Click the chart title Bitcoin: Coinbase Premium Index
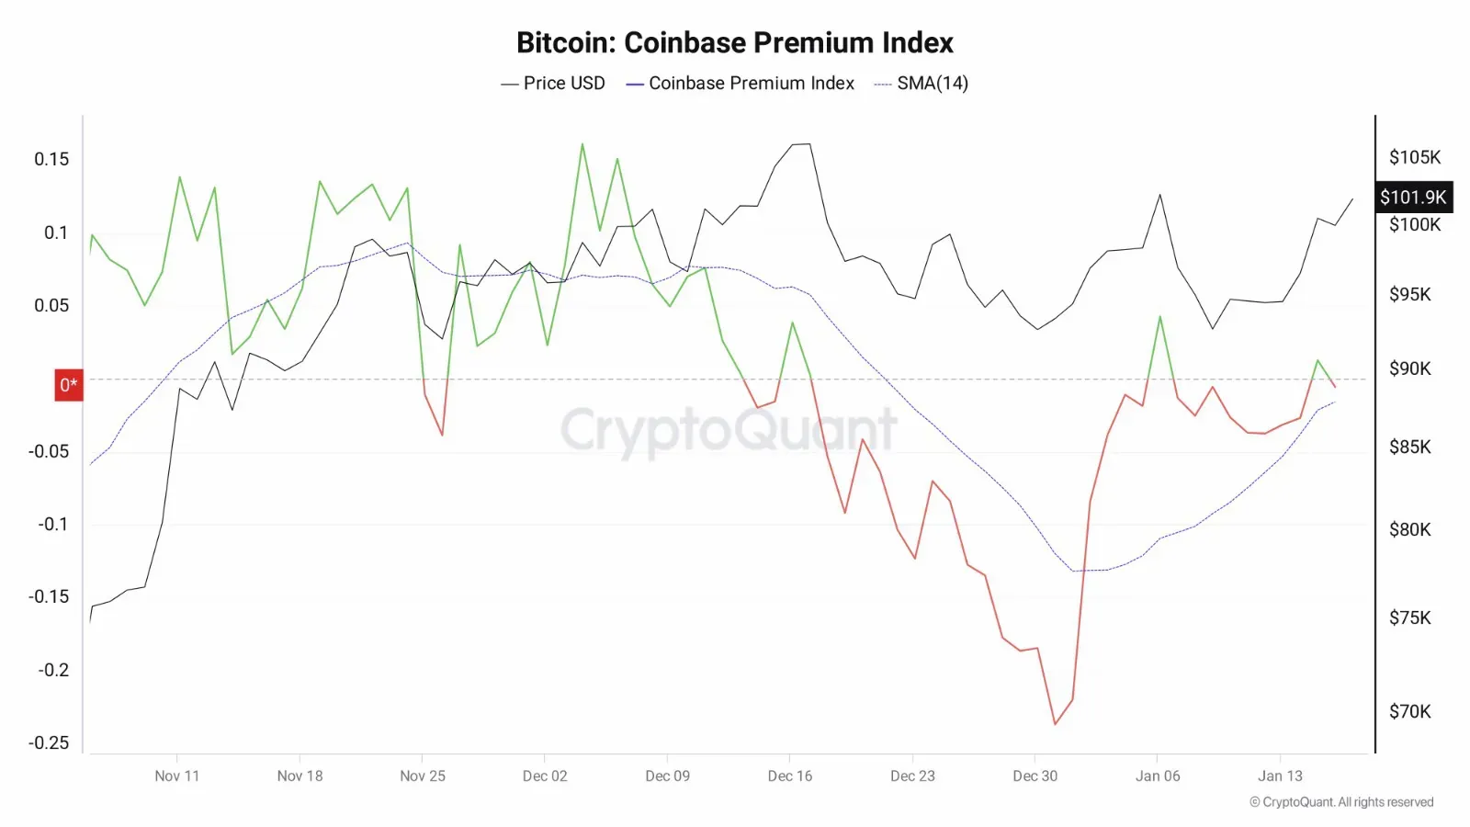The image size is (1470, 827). point(734,42)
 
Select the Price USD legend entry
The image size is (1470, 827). point(553,84)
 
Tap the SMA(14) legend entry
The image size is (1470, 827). point(922,84)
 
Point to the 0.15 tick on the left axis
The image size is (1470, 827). point(51,159)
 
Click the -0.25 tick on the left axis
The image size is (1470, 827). point(49,742)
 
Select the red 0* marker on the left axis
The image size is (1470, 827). point(69,385)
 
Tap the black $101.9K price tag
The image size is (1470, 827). point(1413,197)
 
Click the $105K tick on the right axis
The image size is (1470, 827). point(1415,157)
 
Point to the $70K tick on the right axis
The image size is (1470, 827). point(1410,711)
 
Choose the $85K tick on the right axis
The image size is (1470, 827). point(1410,447)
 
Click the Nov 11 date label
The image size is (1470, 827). point(177,776)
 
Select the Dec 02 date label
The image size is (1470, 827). point(545,776)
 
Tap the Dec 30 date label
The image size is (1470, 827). point(1035,776)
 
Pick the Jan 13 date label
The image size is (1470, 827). point(1280,776)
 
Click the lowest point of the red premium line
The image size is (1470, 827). point(1055,724)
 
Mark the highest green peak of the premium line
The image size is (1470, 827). point(582,143)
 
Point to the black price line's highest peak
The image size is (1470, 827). point(800,144)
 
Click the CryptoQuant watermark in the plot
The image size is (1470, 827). point(728,429)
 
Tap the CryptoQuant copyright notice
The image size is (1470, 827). point(1341,802)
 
